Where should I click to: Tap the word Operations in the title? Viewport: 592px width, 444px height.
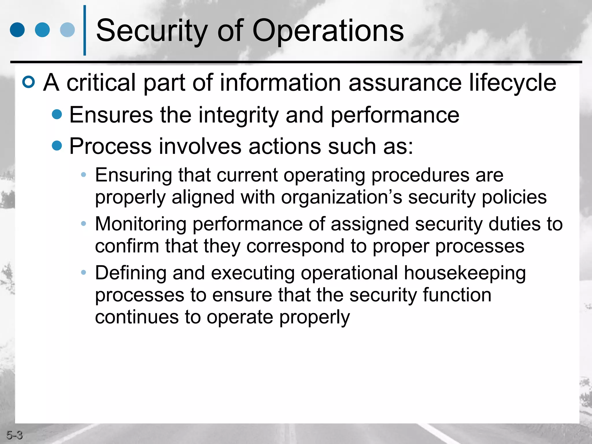click(328, 31)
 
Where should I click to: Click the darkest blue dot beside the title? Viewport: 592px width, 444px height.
click(17, 30)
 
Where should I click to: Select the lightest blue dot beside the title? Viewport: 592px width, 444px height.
click(67, 30)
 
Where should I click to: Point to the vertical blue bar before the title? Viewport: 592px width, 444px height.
click(85, 30)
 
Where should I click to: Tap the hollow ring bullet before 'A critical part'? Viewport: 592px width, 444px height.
click(29, 82)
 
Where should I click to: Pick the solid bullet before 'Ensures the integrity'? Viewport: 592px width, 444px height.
click(57, 114)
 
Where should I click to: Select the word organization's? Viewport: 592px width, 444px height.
click(342, 197)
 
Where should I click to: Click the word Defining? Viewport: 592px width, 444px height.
click(131, 273)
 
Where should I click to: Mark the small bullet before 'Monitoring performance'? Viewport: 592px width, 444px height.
click(84, 223)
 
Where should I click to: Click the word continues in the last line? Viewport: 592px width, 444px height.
click(137, 317)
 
